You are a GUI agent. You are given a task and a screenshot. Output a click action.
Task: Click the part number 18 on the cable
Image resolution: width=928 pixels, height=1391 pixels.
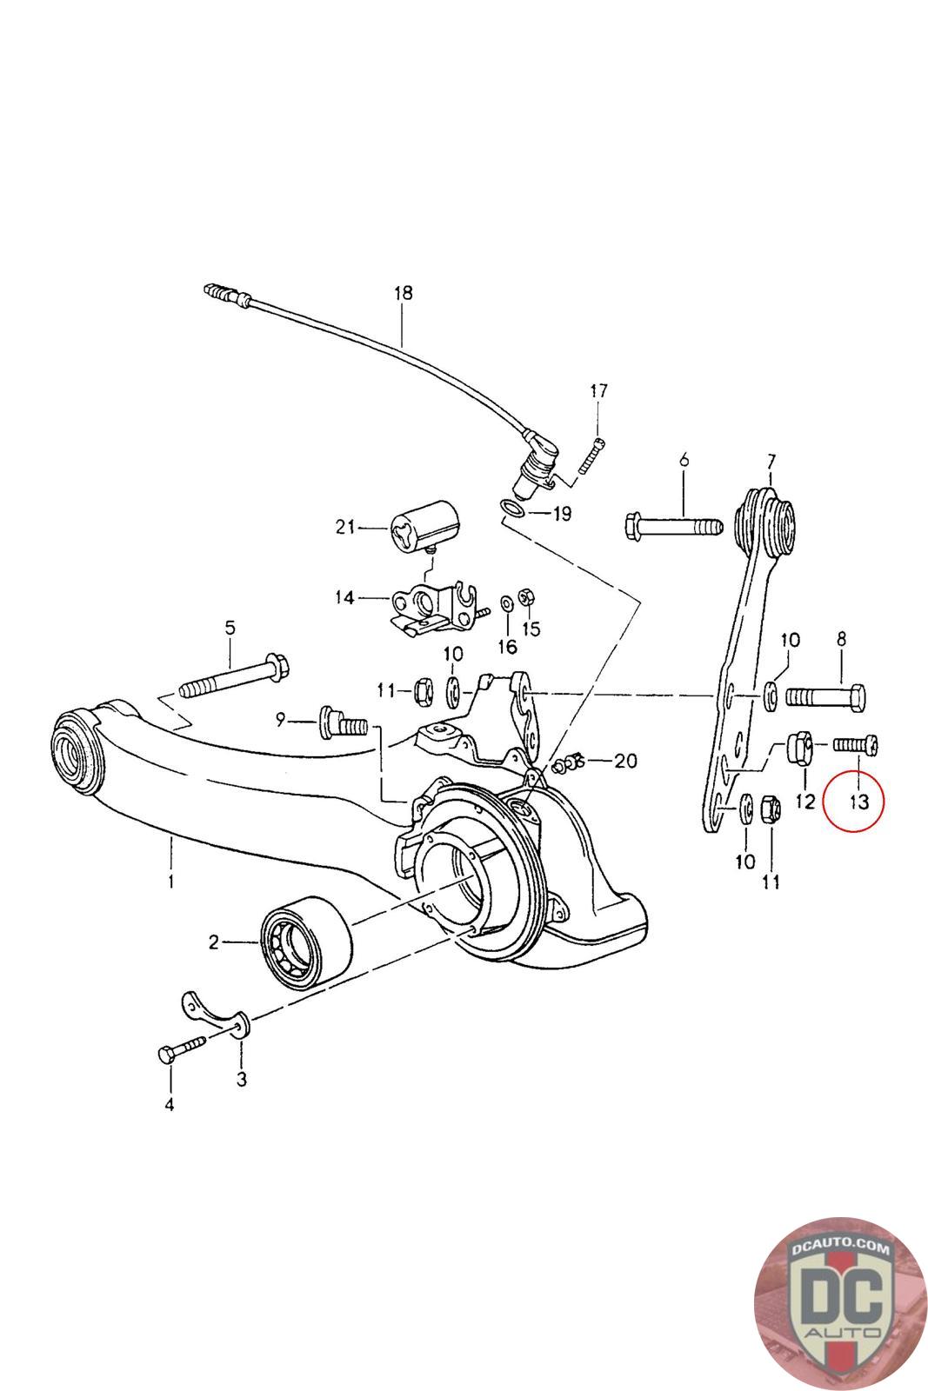pos(403,293)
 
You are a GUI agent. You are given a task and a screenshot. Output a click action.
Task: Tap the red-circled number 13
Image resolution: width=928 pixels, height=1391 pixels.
pos(858,802)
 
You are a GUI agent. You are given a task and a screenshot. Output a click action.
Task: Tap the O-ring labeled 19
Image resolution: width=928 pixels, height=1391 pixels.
pos(514,509)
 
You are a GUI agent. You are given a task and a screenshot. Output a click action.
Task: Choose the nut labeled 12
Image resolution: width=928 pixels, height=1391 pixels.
pos(800,746)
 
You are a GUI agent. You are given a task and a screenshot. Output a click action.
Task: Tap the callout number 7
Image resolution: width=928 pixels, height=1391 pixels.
pos(771,460)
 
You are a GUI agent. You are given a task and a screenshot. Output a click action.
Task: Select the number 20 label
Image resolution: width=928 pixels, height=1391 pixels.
pos(624,761)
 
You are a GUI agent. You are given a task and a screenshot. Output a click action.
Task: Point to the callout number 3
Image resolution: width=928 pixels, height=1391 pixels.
pos(242,1079)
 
